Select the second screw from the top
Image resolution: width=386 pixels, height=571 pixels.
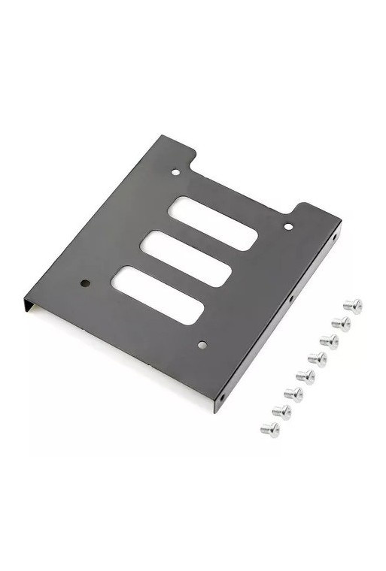point(341,323)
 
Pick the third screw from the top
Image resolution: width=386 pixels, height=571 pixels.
point(329,341)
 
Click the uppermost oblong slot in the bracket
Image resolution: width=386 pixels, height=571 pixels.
point(214,222)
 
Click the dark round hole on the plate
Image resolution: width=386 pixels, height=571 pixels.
point(85,284)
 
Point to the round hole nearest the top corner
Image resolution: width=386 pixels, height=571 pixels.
point(175,172)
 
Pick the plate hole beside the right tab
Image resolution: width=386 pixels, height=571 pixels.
point(288,225)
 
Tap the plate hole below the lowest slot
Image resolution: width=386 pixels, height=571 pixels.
point(202,345)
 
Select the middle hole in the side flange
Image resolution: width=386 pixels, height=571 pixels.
point(290,298)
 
